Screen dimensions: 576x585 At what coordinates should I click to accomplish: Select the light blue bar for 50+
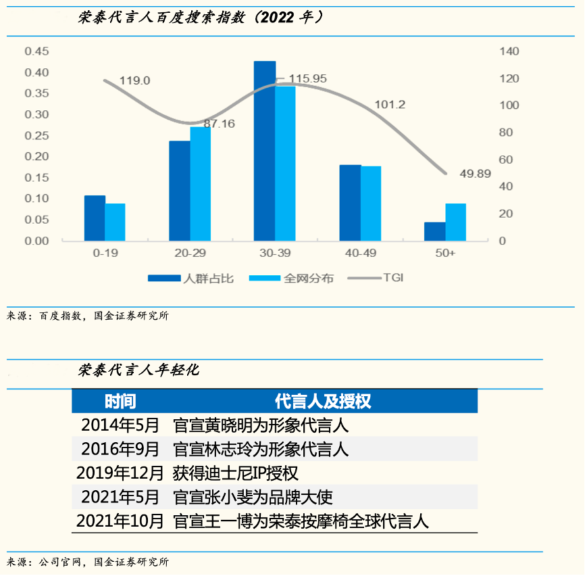[x=455, y=222]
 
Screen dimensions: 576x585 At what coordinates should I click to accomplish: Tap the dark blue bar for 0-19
[x=95, y=218]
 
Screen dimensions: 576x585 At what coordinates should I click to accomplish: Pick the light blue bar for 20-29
[x=200, y=183]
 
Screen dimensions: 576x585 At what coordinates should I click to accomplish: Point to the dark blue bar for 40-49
[x=350, y=202]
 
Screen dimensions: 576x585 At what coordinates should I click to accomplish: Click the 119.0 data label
[x=134, y=80]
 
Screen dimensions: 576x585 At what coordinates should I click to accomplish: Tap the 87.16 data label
[x=219, y=124]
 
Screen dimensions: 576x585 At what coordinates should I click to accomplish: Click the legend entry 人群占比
[x=193, y=278]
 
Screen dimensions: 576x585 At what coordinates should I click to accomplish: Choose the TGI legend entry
[x=393, y=278]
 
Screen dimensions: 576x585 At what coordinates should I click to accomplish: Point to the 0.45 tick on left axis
[x=36, y=51]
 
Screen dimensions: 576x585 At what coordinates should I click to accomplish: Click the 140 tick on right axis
[x=509, y=51]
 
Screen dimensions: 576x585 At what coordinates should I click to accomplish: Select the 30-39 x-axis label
[x=274, y=254]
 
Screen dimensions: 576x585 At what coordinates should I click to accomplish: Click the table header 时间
[x=120, y=402]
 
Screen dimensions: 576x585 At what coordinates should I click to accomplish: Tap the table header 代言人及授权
[x=323, y=402]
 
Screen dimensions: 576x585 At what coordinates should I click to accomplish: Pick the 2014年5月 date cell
[x=120, y=425]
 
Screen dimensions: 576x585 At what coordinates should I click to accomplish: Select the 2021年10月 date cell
[x=120, y=521]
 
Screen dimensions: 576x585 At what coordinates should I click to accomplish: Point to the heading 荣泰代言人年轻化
[x=138, y=370]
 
